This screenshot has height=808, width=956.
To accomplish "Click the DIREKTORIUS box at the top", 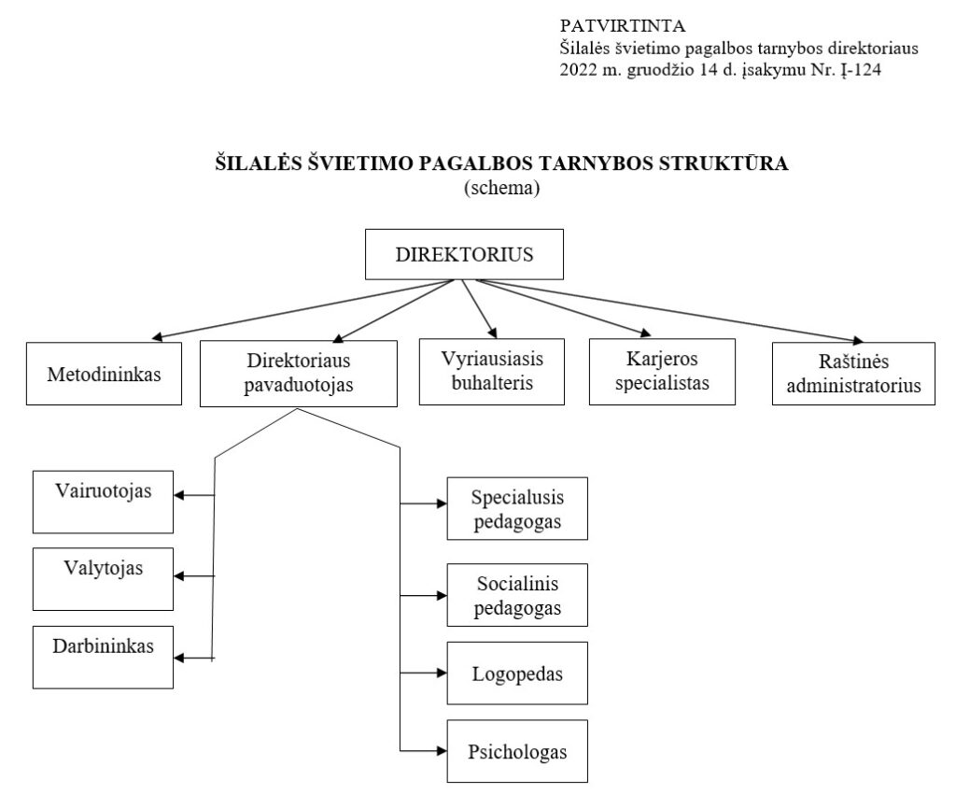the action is click(464, 254).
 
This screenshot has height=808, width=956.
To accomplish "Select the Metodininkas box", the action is click(104, 374).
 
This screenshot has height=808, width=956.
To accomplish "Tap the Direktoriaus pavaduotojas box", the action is click(299, 374).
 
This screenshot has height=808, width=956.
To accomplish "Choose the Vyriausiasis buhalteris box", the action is click(492, 372).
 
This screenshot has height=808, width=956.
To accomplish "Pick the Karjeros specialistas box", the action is click(662, 372).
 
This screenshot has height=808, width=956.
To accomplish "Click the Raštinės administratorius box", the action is click(853, 374).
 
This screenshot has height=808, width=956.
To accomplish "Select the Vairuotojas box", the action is click(103, 502).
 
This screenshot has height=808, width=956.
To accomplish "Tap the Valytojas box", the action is click(103, 579).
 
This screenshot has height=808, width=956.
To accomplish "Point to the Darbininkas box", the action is click(103, 658).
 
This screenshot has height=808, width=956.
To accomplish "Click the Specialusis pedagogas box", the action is click(517, 508).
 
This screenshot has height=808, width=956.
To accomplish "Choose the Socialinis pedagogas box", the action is click(517, 595).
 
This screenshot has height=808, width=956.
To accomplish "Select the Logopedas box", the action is click(517, 673).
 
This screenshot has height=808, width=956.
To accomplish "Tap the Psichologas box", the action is click(517, 751).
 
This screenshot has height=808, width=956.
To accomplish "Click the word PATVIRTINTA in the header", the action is click(623, 25).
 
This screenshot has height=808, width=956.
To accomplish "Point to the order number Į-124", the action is click(861, 69).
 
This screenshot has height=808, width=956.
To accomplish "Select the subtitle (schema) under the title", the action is click(501, 187).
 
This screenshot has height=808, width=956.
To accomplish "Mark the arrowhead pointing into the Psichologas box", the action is click(442, 751).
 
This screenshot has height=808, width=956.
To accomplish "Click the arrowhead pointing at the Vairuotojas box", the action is click(179, 495).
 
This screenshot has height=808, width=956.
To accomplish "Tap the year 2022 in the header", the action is click(578, 69).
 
